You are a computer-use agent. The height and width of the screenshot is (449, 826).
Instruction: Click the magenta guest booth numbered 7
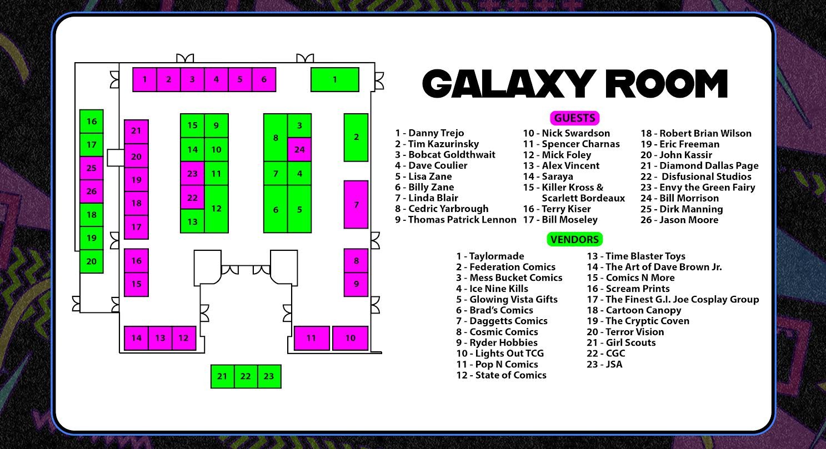(x=356, y=204)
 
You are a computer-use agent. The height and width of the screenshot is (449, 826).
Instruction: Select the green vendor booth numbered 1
(x=334, y=79)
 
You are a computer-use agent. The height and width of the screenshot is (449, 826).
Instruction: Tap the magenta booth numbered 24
(x=299, y=149)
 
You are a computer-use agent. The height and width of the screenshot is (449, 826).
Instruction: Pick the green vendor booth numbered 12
(x=217, y=209)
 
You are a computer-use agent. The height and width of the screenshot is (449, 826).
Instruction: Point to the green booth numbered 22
(x=246, y=376)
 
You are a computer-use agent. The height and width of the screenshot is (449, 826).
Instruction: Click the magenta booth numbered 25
(x=92, y=168)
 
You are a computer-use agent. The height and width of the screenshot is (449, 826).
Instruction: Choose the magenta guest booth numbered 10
(x=350, y=338)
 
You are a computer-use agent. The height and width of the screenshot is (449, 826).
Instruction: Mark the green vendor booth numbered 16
(x=92, y=122)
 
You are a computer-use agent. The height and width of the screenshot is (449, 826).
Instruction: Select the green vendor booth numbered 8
(x=276, y=138)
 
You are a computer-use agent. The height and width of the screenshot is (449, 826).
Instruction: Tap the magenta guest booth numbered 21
(x=136, y=131)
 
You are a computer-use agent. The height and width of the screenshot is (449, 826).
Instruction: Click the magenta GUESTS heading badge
(x=574, y=118)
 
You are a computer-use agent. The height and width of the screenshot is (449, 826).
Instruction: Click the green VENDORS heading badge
(x=574, y=239)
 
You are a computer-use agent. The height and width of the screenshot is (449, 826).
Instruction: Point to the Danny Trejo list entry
(x=429, y=133)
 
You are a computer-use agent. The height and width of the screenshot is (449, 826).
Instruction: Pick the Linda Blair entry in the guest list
(x=427, y=198)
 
